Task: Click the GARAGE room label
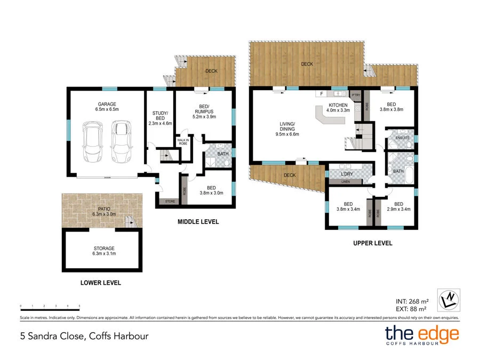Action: [x=107, y=104]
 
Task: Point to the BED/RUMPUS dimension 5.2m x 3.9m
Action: [x=204, y=116]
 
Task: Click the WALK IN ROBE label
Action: [x=183, y=142]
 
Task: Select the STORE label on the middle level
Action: [x=170, y=202]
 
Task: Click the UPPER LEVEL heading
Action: [x=372, y=243]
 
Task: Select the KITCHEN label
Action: [x=338, y=105]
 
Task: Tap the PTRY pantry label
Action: [x=357, y=95]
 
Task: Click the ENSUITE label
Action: [x=403, y=138]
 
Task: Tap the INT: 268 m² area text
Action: [x=411, y=300]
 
